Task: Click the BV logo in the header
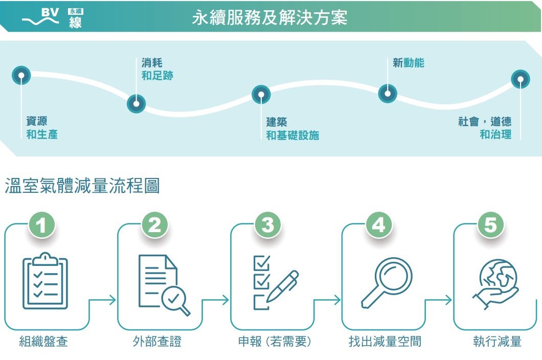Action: tap(51, 17)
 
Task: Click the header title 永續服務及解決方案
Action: tap(269, 18)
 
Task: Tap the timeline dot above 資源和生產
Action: tap(21, 76)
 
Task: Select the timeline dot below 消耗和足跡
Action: tap(136, 104)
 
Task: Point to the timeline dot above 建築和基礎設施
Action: tap(261, 95)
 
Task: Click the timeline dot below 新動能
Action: tap(388, 94)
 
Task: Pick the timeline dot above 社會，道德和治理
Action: tap(521, 80)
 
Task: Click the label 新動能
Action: tap(408, 63)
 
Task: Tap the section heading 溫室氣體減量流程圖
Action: tap(82, 186)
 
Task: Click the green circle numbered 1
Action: tap(42, 226)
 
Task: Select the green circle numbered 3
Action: tap(267, 226)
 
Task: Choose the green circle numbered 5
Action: tap(490, 226)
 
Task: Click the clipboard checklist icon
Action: tap(45, 282)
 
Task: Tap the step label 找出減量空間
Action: tap(385, 342)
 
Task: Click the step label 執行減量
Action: tap(497, 342)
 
